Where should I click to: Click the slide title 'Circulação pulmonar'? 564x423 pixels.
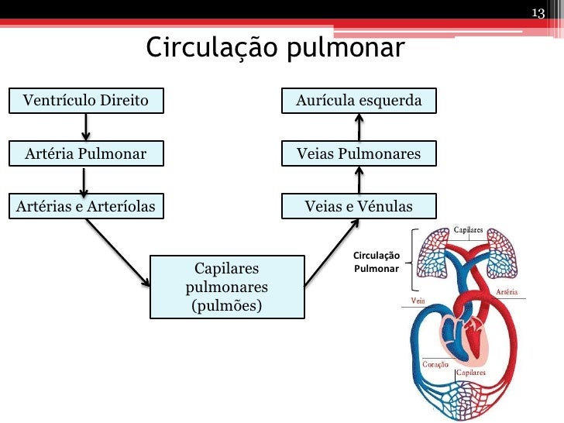(275, 48)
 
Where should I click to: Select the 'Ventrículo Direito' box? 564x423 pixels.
(86, 101)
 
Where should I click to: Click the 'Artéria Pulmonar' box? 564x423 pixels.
(86, 153)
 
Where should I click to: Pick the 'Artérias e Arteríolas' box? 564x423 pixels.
(86, 206)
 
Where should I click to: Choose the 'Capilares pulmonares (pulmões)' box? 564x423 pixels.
(227, 287)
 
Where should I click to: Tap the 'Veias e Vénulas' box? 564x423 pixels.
(359, 206)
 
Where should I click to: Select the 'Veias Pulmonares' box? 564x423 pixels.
(359, 153)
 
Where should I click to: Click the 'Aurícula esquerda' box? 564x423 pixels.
(359, 101)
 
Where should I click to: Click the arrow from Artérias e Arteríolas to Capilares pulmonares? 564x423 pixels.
(119, 251)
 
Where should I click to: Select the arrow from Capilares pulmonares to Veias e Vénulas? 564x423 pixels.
(332, 251)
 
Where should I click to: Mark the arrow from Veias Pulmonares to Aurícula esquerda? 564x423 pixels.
(359, 127)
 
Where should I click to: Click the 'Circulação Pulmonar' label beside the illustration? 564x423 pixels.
(376, 262)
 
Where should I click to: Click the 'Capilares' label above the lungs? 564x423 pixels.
(469, 230)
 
